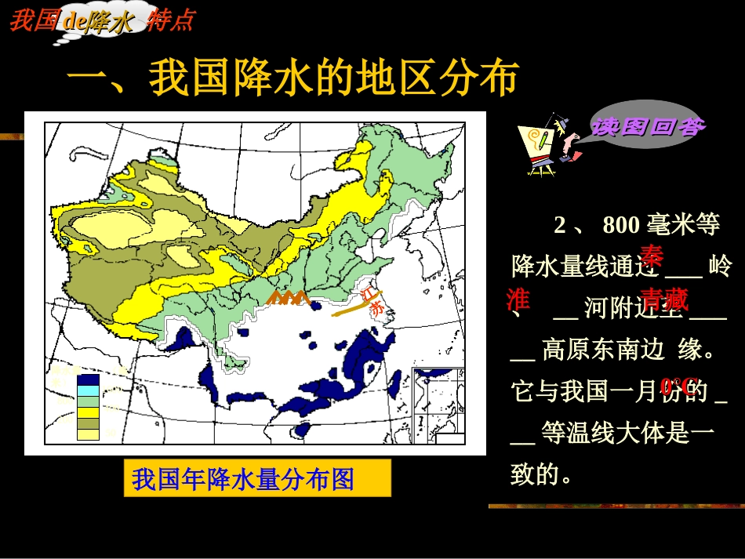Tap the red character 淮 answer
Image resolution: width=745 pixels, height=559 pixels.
tap(518, 299)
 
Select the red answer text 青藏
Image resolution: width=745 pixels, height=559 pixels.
tap(663, 299)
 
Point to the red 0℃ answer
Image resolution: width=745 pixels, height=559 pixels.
tap(678, 386)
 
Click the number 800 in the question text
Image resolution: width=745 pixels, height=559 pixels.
tap(621, 226)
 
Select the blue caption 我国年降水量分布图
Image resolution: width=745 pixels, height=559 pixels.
tap(243, 478)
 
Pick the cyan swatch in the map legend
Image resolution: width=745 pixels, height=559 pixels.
tap(88, 390)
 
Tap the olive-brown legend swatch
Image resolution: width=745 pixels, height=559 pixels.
tap(88, 423)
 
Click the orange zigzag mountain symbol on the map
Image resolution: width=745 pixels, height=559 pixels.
tap(288, 297)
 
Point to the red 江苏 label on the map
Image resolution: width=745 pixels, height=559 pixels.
tap(375, 300)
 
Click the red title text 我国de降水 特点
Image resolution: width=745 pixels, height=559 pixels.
tap(102, 20)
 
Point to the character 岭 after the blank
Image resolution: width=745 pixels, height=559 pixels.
tap(718, 267)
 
